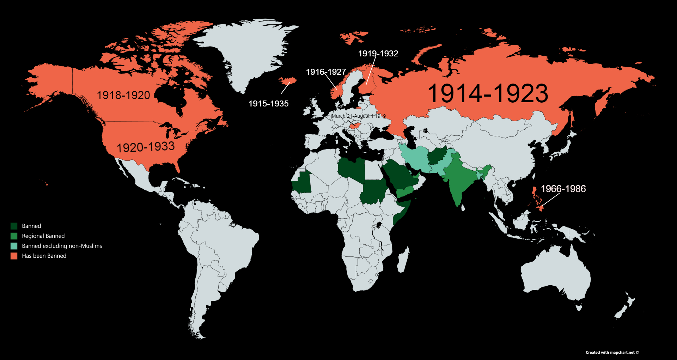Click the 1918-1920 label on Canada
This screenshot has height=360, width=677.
123,95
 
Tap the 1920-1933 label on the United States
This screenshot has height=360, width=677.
146,147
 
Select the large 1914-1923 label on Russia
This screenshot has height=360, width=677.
488,94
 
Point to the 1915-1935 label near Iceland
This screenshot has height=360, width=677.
268,104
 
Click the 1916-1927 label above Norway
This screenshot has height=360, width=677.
326,72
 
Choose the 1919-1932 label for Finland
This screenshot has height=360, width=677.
378,54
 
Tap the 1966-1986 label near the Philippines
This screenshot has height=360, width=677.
563,189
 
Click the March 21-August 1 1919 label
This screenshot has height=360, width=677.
359,116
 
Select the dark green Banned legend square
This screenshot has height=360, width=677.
14,226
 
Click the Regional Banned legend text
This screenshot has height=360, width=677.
43,236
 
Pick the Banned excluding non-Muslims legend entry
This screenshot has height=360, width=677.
62,246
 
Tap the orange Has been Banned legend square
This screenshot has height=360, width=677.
14,256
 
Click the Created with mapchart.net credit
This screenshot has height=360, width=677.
612,352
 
